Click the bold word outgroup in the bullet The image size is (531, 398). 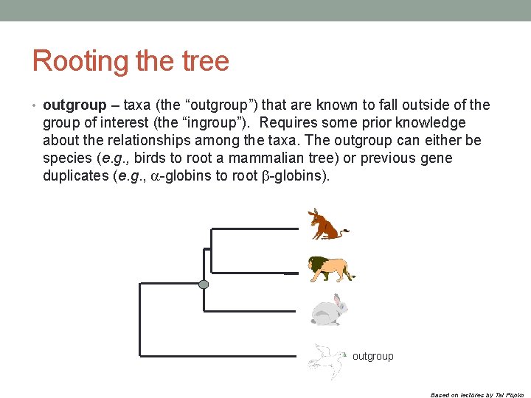tap(74, 105)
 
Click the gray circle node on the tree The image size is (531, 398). tap(204, 284)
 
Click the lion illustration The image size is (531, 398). tap(329, 269)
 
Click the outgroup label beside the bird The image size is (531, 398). tap(372, 357)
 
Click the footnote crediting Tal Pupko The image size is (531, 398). tap(476, 394)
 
